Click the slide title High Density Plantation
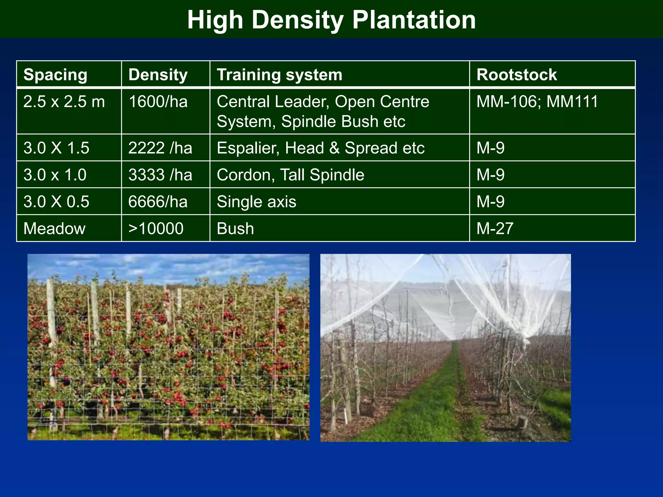[x=331, y=20]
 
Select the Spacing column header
[x=55, y=75]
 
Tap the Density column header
[x=158, y=75]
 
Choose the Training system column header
[x=279, y=75]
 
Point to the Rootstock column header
[x=516, y=75]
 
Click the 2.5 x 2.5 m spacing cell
[x=64, y=102]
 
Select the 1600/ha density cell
[x=158, y=102]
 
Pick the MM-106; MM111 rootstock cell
[x=537, y=102]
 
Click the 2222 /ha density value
[x=160, y=148]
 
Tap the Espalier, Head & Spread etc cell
[x=320, y=148]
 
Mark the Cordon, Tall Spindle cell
[x=290, y=175]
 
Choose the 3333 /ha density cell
[x=160, y=175]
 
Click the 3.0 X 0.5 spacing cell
[x=56, y=202]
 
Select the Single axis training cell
[x=256, y=202]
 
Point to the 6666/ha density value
[x=158, y=202]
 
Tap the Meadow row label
[x=54, y=229]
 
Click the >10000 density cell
[x=156, y=229]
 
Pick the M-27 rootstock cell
[x=495, y=229]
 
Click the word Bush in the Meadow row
[x=235, y=229]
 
